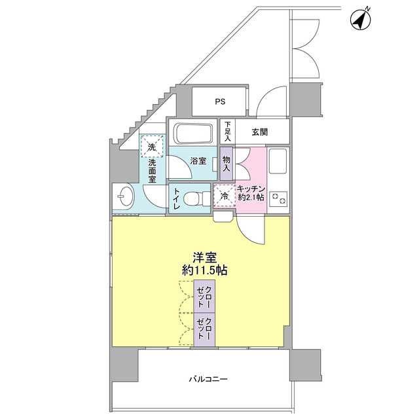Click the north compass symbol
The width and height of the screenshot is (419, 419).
pos(361,19)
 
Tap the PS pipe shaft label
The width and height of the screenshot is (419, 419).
pos(220,101)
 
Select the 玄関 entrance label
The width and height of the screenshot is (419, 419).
pos(260,132)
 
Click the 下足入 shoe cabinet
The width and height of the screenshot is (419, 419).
pos(227,132)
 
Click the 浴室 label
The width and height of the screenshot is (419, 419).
pos(198,161)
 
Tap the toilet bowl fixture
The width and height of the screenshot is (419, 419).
pos(197,199)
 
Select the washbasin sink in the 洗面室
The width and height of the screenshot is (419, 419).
pos(124,197)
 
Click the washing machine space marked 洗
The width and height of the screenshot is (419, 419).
pos(152,147)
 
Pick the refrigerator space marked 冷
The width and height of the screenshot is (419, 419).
pos(225,196)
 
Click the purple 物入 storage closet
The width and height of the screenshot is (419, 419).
pos(227,164)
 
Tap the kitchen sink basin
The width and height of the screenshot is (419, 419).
pos(278,160)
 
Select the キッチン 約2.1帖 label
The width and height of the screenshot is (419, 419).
pos(251,193)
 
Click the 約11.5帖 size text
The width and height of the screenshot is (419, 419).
pos(205,270)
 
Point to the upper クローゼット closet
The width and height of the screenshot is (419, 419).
pos(204,297)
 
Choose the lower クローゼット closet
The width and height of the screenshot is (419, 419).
pos(204,330)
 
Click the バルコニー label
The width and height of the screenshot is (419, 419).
pos(208,379)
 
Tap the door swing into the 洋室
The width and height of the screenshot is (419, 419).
pos(251,230)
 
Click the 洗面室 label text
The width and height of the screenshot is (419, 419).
pos(152,170)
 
